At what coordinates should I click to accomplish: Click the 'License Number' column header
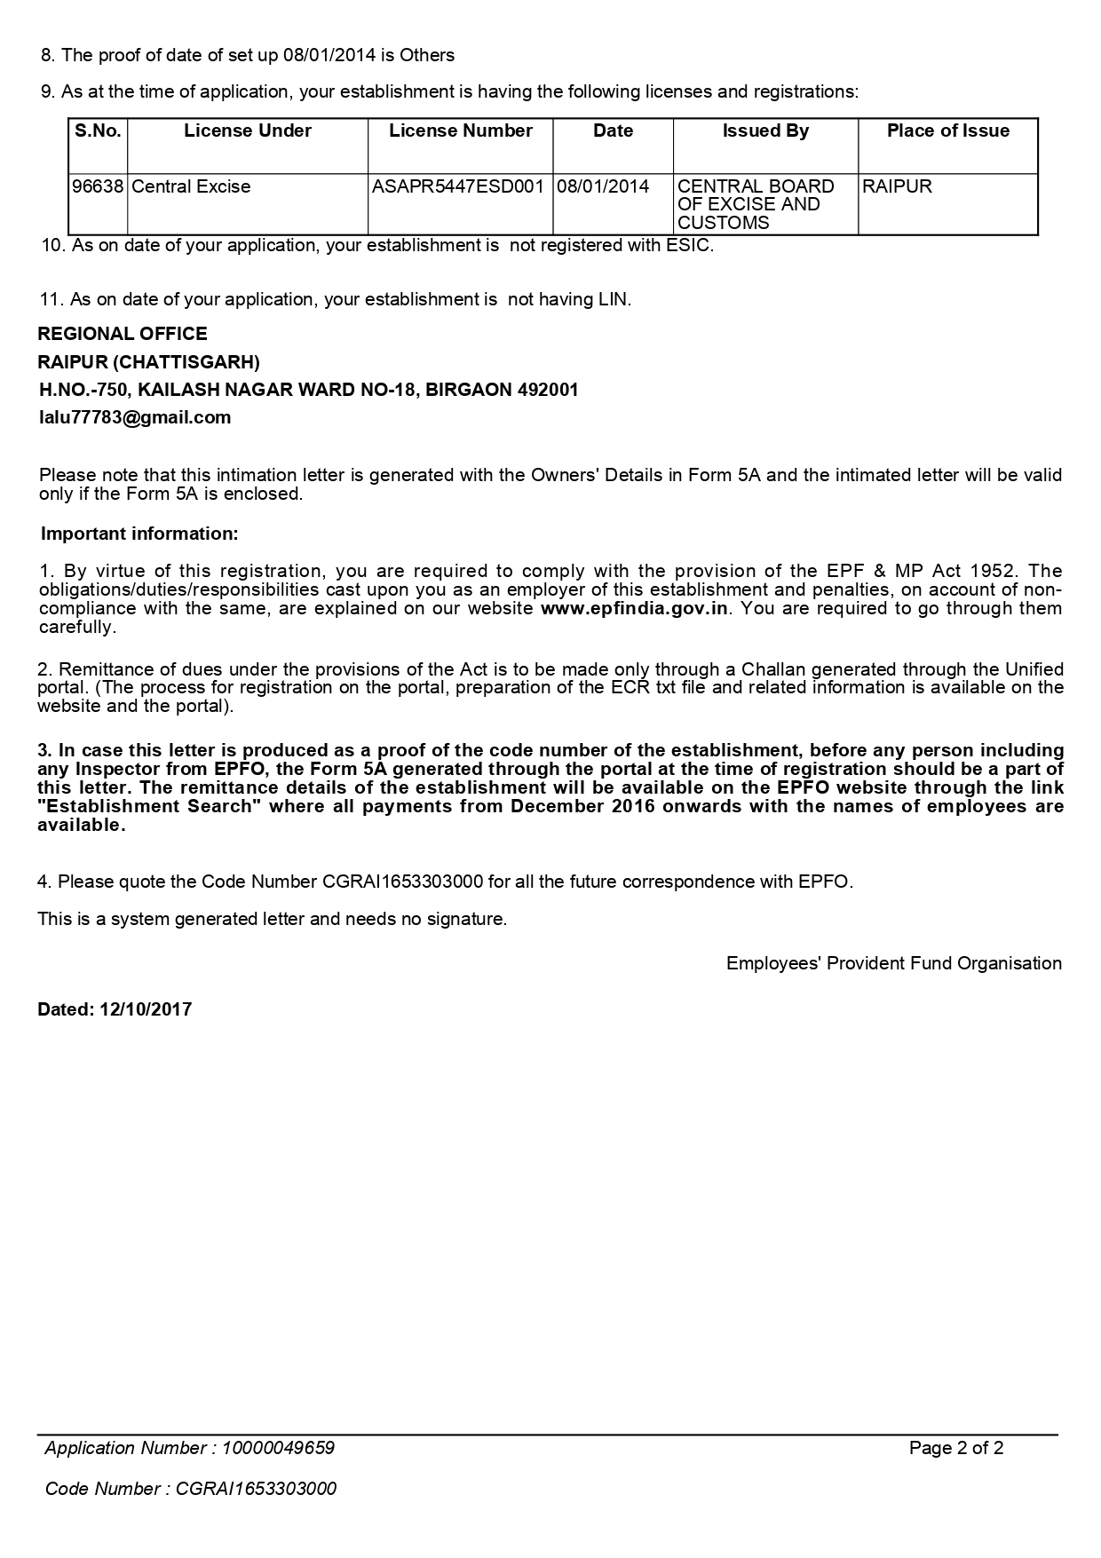click(460, 131)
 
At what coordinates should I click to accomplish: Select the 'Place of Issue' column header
click(947, 131)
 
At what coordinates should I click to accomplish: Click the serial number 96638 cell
click(98, 186)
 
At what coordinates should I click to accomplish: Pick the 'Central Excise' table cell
click(191, 186)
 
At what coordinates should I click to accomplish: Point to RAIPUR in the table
click(897, 186)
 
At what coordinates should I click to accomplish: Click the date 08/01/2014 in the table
click(603, 186)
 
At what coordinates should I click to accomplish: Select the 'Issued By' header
click(765, 131)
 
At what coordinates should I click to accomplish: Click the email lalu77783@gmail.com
click(135, 417)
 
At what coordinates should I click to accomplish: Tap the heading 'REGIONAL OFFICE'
click(123, 334)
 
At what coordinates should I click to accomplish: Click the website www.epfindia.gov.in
click(634, 608)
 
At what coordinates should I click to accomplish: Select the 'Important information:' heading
click(139, 534)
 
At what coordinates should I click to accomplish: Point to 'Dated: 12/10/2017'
click(115, 1009)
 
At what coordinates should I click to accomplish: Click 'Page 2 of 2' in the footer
click(956, 1448)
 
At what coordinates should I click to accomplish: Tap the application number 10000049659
click(278, 1448)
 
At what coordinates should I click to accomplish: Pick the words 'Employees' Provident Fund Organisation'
click(893, 963)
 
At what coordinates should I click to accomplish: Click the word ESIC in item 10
click(688, 245)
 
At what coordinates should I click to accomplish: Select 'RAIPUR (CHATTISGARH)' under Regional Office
click(148, 362)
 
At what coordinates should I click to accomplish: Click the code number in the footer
click(256, 1489)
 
